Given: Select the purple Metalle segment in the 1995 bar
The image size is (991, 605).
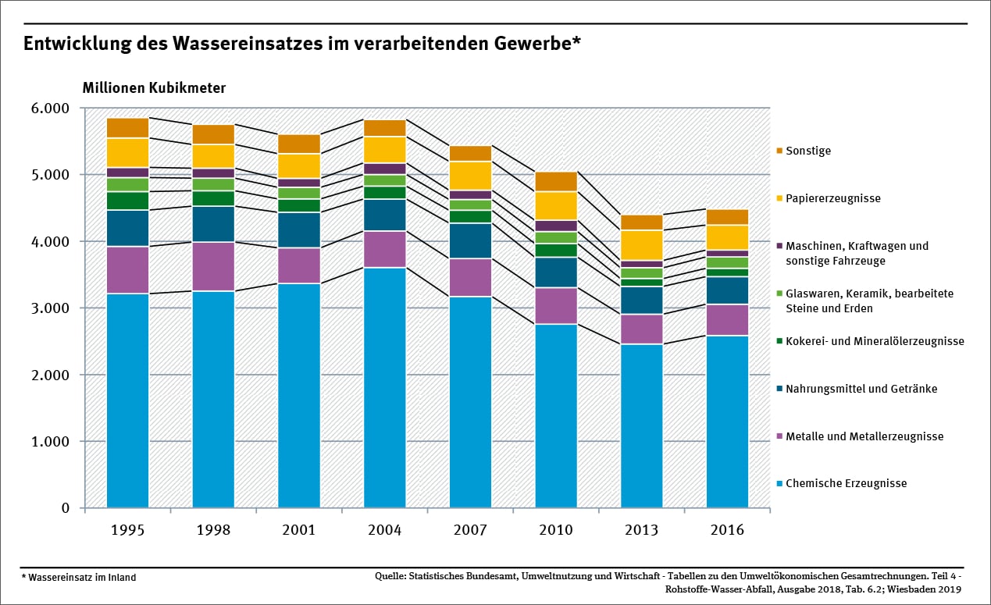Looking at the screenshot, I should (127, 270).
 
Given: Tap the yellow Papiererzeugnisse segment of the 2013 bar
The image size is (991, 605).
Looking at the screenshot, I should (641, 245).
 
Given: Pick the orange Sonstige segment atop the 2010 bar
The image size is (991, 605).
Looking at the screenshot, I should (556, 181).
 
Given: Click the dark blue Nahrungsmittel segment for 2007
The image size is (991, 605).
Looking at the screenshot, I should (470, 240).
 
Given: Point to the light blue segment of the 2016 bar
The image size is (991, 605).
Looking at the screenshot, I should (727, 422).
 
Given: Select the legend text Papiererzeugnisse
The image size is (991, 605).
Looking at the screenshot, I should (832, 198).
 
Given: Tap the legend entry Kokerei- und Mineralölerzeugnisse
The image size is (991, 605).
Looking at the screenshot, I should (875, 341).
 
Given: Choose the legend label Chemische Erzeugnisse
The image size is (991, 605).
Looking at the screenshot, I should (846, 483).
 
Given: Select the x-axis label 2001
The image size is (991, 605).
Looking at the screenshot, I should (298, 530).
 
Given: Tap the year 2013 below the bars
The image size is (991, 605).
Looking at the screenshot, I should (641, 530).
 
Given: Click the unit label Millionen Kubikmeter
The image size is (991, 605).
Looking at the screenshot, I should (154, 88).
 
